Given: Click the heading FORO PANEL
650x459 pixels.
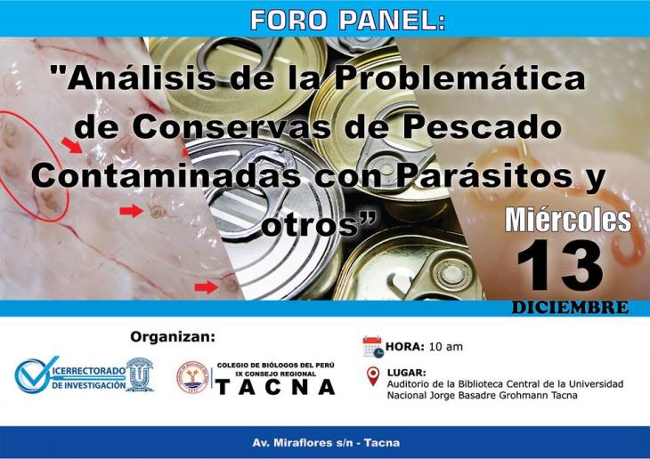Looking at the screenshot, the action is (348, 20).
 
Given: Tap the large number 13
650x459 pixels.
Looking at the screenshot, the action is (560, 265).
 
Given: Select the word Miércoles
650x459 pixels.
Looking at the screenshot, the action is (568, 220).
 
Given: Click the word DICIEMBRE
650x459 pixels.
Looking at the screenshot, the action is (571, 308).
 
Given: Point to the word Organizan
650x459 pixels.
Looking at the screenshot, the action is (173, 337).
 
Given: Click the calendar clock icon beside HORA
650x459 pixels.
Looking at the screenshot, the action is (372, 347).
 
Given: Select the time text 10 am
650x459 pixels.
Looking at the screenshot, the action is (445, 347).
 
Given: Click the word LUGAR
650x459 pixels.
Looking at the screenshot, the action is (406, 373).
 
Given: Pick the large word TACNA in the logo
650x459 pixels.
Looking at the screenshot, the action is (276, 387).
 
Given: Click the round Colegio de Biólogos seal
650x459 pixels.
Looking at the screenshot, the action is (192, 377).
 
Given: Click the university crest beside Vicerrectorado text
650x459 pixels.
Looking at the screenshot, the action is (140, 374).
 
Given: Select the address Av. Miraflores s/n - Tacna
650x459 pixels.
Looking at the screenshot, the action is (326, 443).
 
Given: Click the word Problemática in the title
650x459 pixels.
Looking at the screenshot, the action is (459, 77).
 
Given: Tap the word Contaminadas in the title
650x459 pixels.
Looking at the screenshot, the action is (166, 175).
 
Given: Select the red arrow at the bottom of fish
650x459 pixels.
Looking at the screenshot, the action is (206, 287).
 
